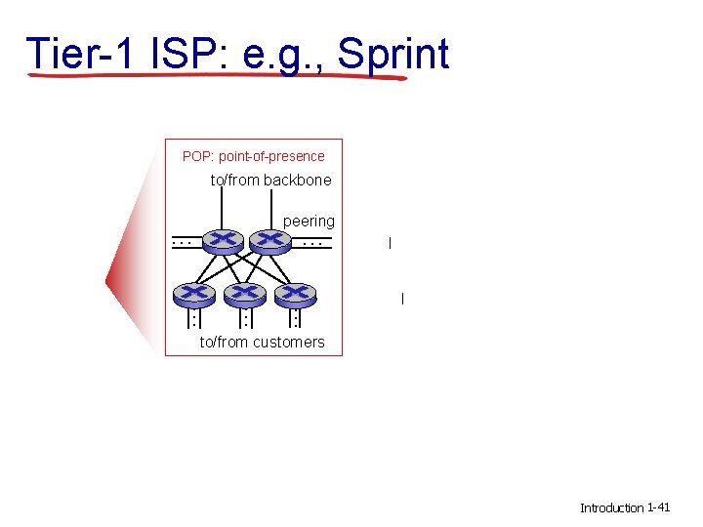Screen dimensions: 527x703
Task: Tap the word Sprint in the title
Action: click(393, 54)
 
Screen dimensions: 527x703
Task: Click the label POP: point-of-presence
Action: click(254, 156)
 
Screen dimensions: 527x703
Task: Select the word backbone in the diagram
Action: click(298, 180)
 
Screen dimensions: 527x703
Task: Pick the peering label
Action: click(309, 222)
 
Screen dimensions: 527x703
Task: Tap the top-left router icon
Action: click(223, 240)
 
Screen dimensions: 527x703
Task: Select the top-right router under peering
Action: click(270, 240)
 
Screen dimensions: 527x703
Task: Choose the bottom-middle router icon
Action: click(245, 293)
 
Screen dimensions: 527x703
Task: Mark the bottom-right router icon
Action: click(296, 293)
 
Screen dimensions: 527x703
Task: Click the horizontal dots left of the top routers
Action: click(182, 240)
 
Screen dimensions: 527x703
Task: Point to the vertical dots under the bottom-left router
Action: click(194, 319)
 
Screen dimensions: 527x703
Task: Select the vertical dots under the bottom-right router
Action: click(296, 319)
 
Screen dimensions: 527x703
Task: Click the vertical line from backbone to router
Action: click(222, 207)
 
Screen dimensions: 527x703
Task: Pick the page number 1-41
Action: click(658, 507)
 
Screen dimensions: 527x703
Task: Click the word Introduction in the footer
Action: click(611, 507)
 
